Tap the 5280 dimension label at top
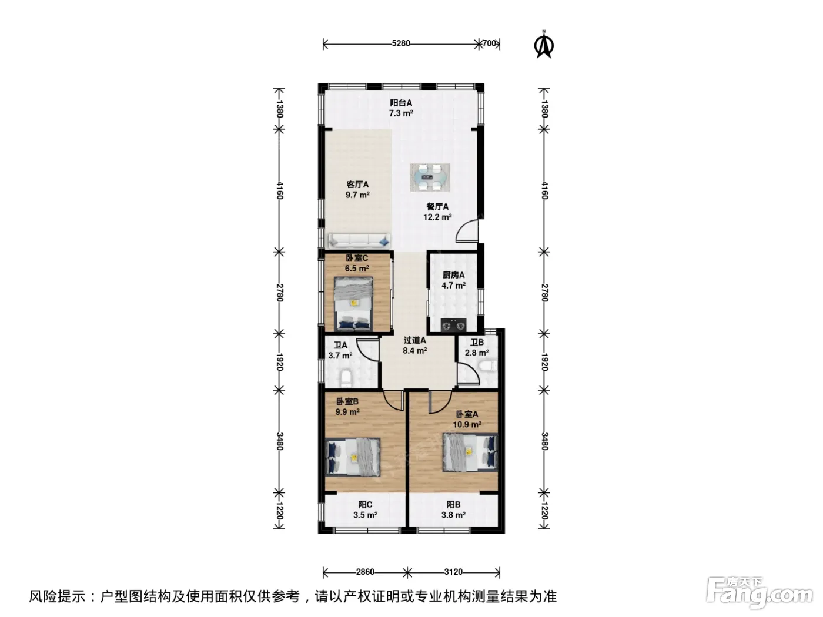pyautogui.click(x=400, y=43)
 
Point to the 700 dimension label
pyautogui.click(x=489, y=43)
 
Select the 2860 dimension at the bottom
pyautogui.click(x=365, y=572)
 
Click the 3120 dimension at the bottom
pyautogui.click(x=453, y=572)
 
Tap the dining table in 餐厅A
pyautogui.click(x=430, y=177)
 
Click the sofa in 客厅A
pyautogui.click(x=359, y=241)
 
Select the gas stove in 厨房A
pyautogui.click(x=453, y=325)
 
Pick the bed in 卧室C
pyautogui.click(x=353, y=304)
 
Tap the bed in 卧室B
pyautogui.click(x=353, y=457)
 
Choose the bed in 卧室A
pyautogui.click(x=470, y=452)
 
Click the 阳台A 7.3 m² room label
pyautogui.click(x=400, y=108)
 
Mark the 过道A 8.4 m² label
pyautogui.click(x=414, y=346)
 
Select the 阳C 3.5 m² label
pyautogui.click(x=365, y=510)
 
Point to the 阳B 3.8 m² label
pyautogui.click(x=453, y=510)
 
